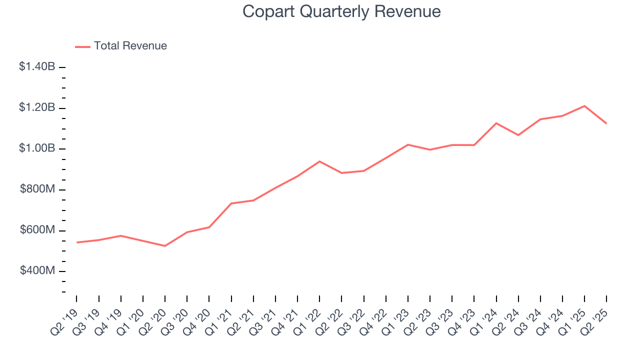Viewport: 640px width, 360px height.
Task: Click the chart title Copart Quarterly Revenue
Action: (x=341, y=11)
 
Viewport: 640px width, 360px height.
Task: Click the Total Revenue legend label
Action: (x=130, y=46)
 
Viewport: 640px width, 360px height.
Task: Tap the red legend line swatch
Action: (x=82, y=46)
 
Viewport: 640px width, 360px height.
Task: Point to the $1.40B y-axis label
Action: (x=37, y=66)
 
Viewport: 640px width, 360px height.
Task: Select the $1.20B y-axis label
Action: (x=37, y=107)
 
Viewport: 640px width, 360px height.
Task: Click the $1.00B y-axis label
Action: (x=37, y=148)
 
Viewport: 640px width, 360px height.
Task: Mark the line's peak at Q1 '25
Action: (x=584, y=106)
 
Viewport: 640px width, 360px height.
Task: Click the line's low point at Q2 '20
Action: (x=165, y=246)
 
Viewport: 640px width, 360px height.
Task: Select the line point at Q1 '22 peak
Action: (x=319, y=161)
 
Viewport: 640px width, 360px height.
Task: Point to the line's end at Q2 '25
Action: (x=606, y=123)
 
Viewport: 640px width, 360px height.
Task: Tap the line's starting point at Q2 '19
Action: (x=76, y=242)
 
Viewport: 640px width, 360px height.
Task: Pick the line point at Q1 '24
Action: (x=496, y=123)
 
